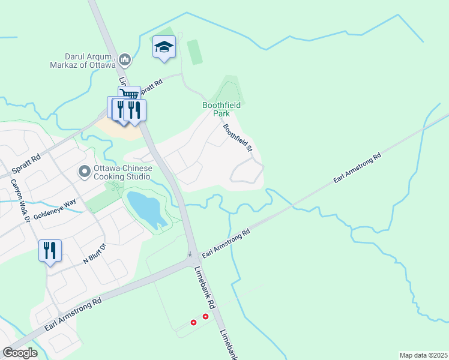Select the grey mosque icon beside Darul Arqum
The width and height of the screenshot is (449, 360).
tap(125, 59)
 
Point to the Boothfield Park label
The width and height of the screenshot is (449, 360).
tap(221, 109)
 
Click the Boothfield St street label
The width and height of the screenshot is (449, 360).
tap(238, 138)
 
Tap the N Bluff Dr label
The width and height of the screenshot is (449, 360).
tap(94, 254)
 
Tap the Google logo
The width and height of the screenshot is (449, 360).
tap(20, 352)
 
